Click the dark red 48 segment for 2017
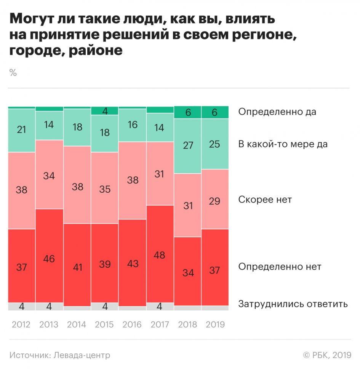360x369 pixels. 160,254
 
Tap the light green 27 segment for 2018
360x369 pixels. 187,146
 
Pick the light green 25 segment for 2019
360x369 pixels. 215,144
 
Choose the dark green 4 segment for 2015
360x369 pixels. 104,111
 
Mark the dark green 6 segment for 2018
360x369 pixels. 187,112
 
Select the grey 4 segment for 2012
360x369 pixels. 22,307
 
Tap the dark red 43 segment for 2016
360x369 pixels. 132,263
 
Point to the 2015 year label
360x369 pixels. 104,325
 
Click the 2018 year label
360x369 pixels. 187,325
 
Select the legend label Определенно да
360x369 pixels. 277,112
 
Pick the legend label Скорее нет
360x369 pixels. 265,200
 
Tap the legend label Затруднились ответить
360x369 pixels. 293,304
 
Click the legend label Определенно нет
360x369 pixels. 280,267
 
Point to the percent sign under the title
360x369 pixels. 13,73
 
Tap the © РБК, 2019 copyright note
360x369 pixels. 327,355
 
